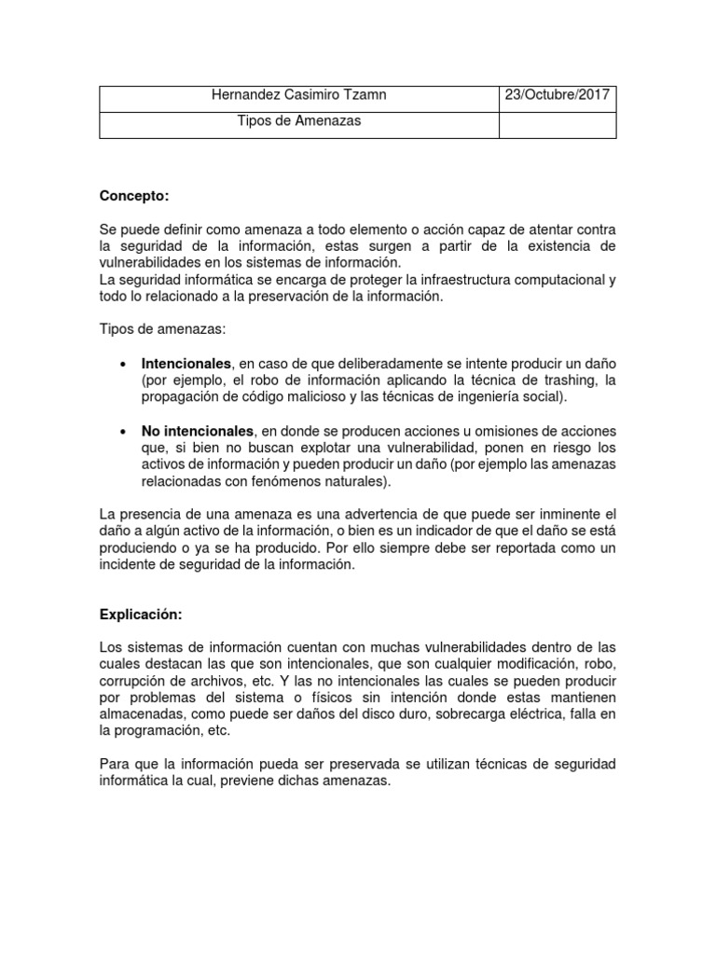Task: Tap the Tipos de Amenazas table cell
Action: coord(299,122)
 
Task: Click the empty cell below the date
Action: coord(558,124)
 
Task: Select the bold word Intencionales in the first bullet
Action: coord(186,363)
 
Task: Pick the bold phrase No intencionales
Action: coord(198,431)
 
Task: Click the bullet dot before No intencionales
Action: coord(124,432)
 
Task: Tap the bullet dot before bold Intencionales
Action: coord(124,364)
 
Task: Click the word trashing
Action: coord(553,381)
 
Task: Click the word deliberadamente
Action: coord(368,364)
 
